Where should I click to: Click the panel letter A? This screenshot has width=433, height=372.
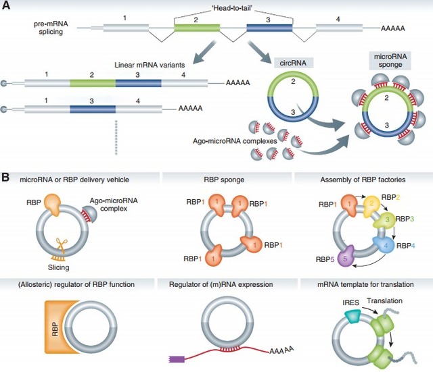[7, 7]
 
